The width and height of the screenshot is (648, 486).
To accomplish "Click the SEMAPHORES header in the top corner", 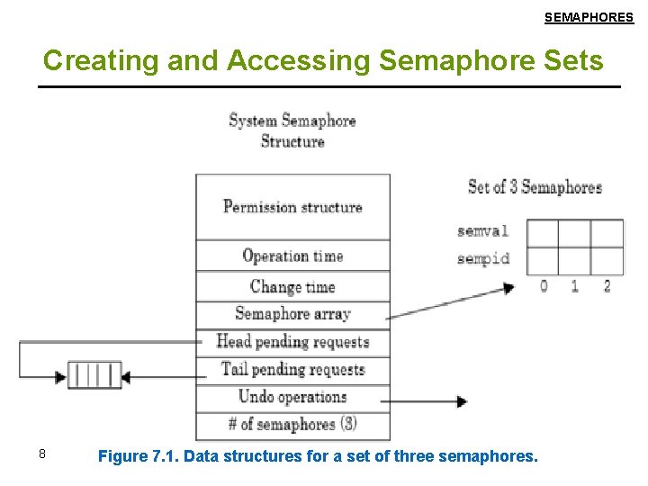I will point(589,17).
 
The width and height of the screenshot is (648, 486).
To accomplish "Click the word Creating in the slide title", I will point(88,60).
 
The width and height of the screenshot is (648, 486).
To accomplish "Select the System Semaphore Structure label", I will point(292,130).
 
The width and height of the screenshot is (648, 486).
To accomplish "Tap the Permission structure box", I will point(292,206).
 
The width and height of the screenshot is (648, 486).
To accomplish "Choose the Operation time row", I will point(292,256).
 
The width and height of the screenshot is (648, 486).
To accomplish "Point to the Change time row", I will point(292,287).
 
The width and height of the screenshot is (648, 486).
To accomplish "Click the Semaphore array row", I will point(292,314).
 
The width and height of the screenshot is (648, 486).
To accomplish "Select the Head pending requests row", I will point(292,342).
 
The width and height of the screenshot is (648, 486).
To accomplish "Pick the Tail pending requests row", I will point(292,370).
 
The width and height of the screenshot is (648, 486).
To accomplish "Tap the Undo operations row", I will point(292,397).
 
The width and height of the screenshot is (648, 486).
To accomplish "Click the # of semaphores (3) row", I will point(292,425).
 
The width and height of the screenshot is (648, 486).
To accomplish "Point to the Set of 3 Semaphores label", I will point(535,187).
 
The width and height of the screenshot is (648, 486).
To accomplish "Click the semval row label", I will point(482,231).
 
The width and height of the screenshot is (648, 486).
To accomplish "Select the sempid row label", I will point(482,259).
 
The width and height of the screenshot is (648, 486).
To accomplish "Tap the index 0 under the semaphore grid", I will point(544,286).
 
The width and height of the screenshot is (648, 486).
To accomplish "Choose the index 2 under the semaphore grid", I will point(607,286).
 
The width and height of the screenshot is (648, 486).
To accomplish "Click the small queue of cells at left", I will point(95,374).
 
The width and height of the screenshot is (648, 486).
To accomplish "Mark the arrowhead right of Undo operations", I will point(462,401).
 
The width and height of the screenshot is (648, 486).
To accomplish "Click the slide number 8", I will point(41,454).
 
